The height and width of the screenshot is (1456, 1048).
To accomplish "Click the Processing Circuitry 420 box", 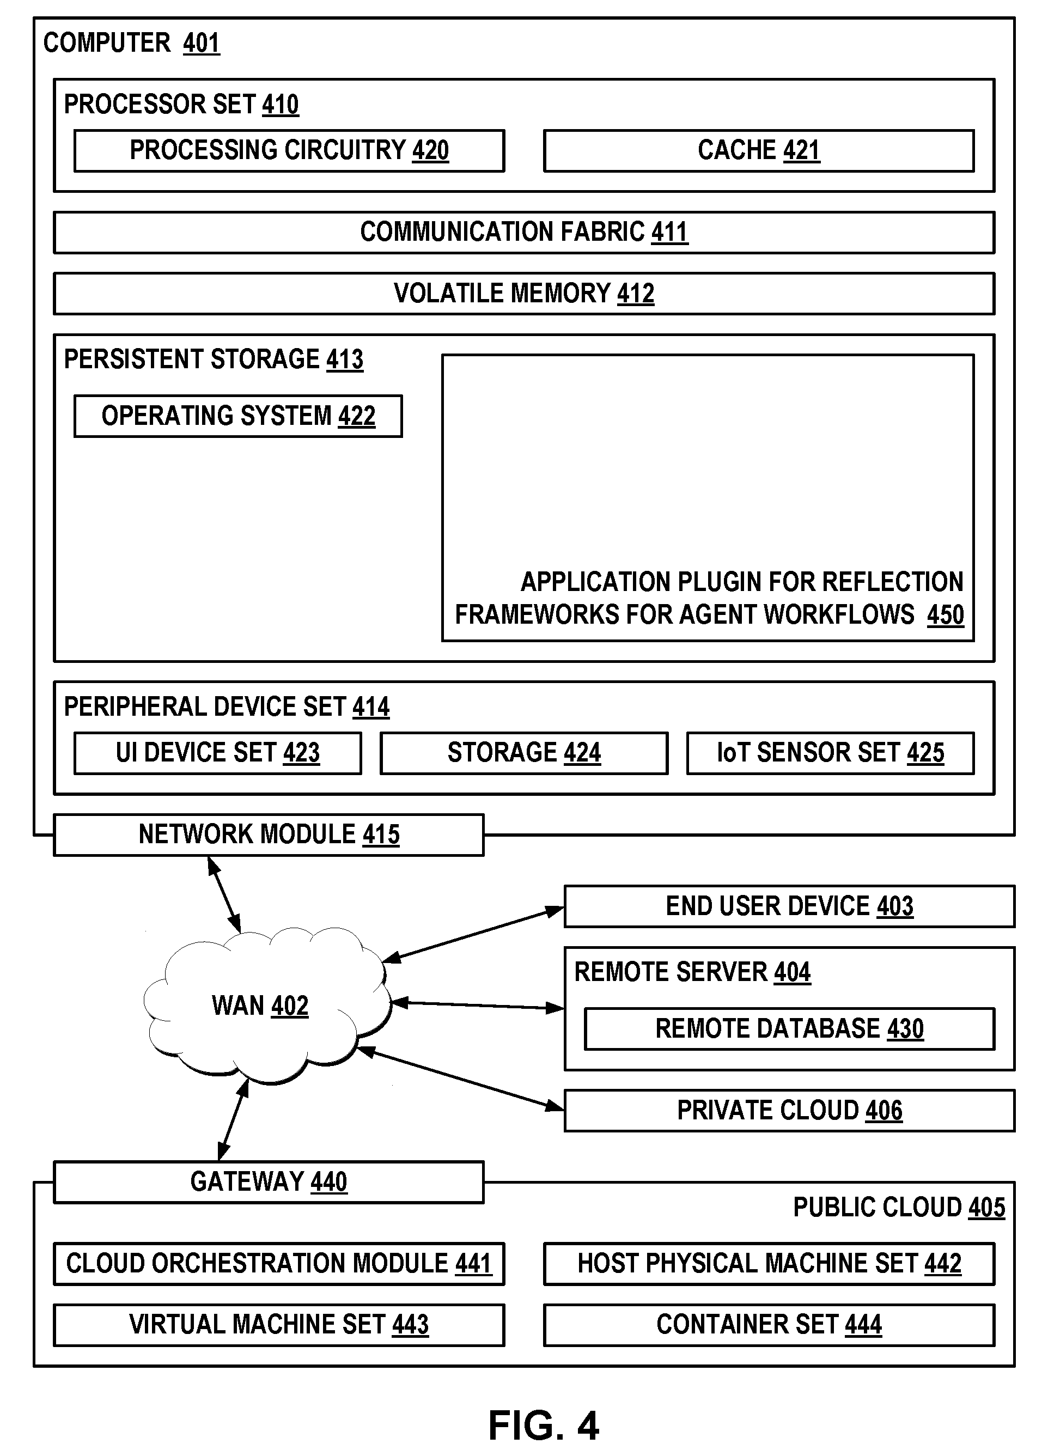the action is (x=289, y=151).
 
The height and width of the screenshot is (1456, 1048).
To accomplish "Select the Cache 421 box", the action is (x=758, y=151).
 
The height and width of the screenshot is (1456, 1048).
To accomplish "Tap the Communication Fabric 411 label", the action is (x=524, y=232).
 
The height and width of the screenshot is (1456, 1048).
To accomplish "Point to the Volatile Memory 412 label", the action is (x=524, y=294).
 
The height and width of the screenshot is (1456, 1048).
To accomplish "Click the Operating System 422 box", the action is (x=238, y=416).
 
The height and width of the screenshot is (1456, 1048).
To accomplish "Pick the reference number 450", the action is (x=945, y=615).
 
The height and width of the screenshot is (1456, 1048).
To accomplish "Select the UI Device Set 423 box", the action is (x=218, y=753).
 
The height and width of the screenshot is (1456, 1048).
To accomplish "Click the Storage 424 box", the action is (x=524, y=753).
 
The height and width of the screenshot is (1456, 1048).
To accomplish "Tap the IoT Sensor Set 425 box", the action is (x=830, y=753).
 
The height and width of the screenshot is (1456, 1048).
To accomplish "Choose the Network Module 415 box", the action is (x=269, y=834).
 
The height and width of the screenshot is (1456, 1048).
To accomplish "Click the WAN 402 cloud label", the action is (x=260, y=1006).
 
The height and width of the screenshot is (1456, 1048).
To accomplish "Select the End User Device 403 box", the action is (x=789, y=906).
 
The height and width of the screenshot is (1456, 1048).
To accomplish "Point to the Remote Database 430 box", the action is (x=789, y=1028).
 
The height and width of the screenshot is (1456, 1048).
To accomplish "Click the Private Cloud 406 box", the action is (x=789, y=1110).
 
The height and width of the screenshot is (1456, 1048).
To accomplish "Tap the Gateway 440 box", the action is (x=269, y=1181).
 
